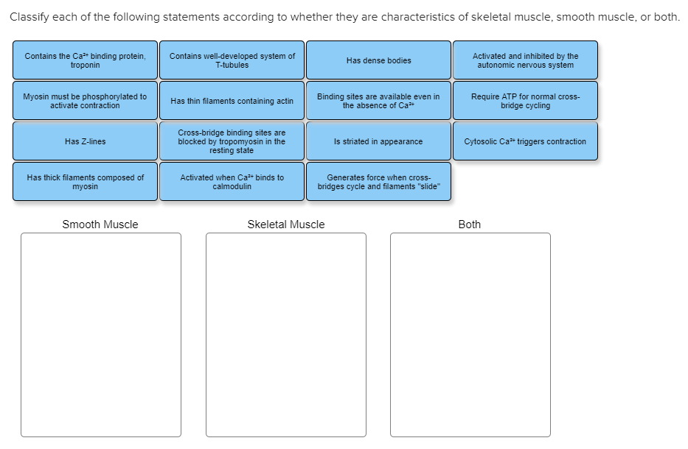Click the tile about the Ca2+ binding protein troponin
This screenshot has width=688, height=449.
(85, 60)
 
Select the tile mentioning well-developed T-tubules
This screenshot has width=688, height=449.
(232, 60)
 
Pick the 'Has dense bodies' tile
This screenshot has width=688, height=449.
(378, 60)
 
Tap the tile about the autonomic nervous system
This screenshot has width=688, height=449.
(525, 60)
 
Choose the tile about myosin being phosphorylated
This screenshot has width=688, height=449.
(85, 101)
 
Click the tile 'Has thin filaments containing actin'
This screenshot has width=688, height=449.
(232, 101)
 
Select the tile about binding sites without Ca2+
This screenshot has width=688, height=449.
(378, 101)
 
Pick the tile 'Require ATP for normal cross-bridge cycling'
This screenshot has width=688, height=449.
(525, 101)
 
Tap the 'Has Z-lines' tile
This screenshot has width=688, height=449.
(85, 141)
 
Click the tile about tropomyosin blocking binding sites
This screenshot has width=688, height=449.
(232, 141)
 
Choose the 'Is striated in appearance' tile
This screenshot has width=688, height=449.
(378, 141)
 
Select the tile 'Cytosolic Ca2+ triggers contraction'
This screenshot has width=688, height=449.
(525, 141)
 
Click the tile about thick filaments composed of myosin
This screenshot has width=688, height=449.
(85, 182)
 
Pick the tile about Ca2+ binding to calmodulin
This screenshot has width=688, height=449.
(232, 182)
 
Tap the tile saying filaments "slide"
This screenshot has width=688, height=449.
(378, 182)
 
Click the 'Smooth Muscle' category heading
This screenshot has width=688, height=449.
(100, 224)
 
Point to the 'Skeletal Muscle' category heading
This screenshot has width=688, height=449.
(285, 224)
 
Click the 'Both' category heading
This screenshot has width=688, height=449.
(469, 224)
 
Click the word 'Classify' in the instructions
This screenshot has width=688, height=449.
(30, 17)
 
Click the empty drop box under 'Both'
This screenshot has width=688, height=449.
(470, 335)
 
